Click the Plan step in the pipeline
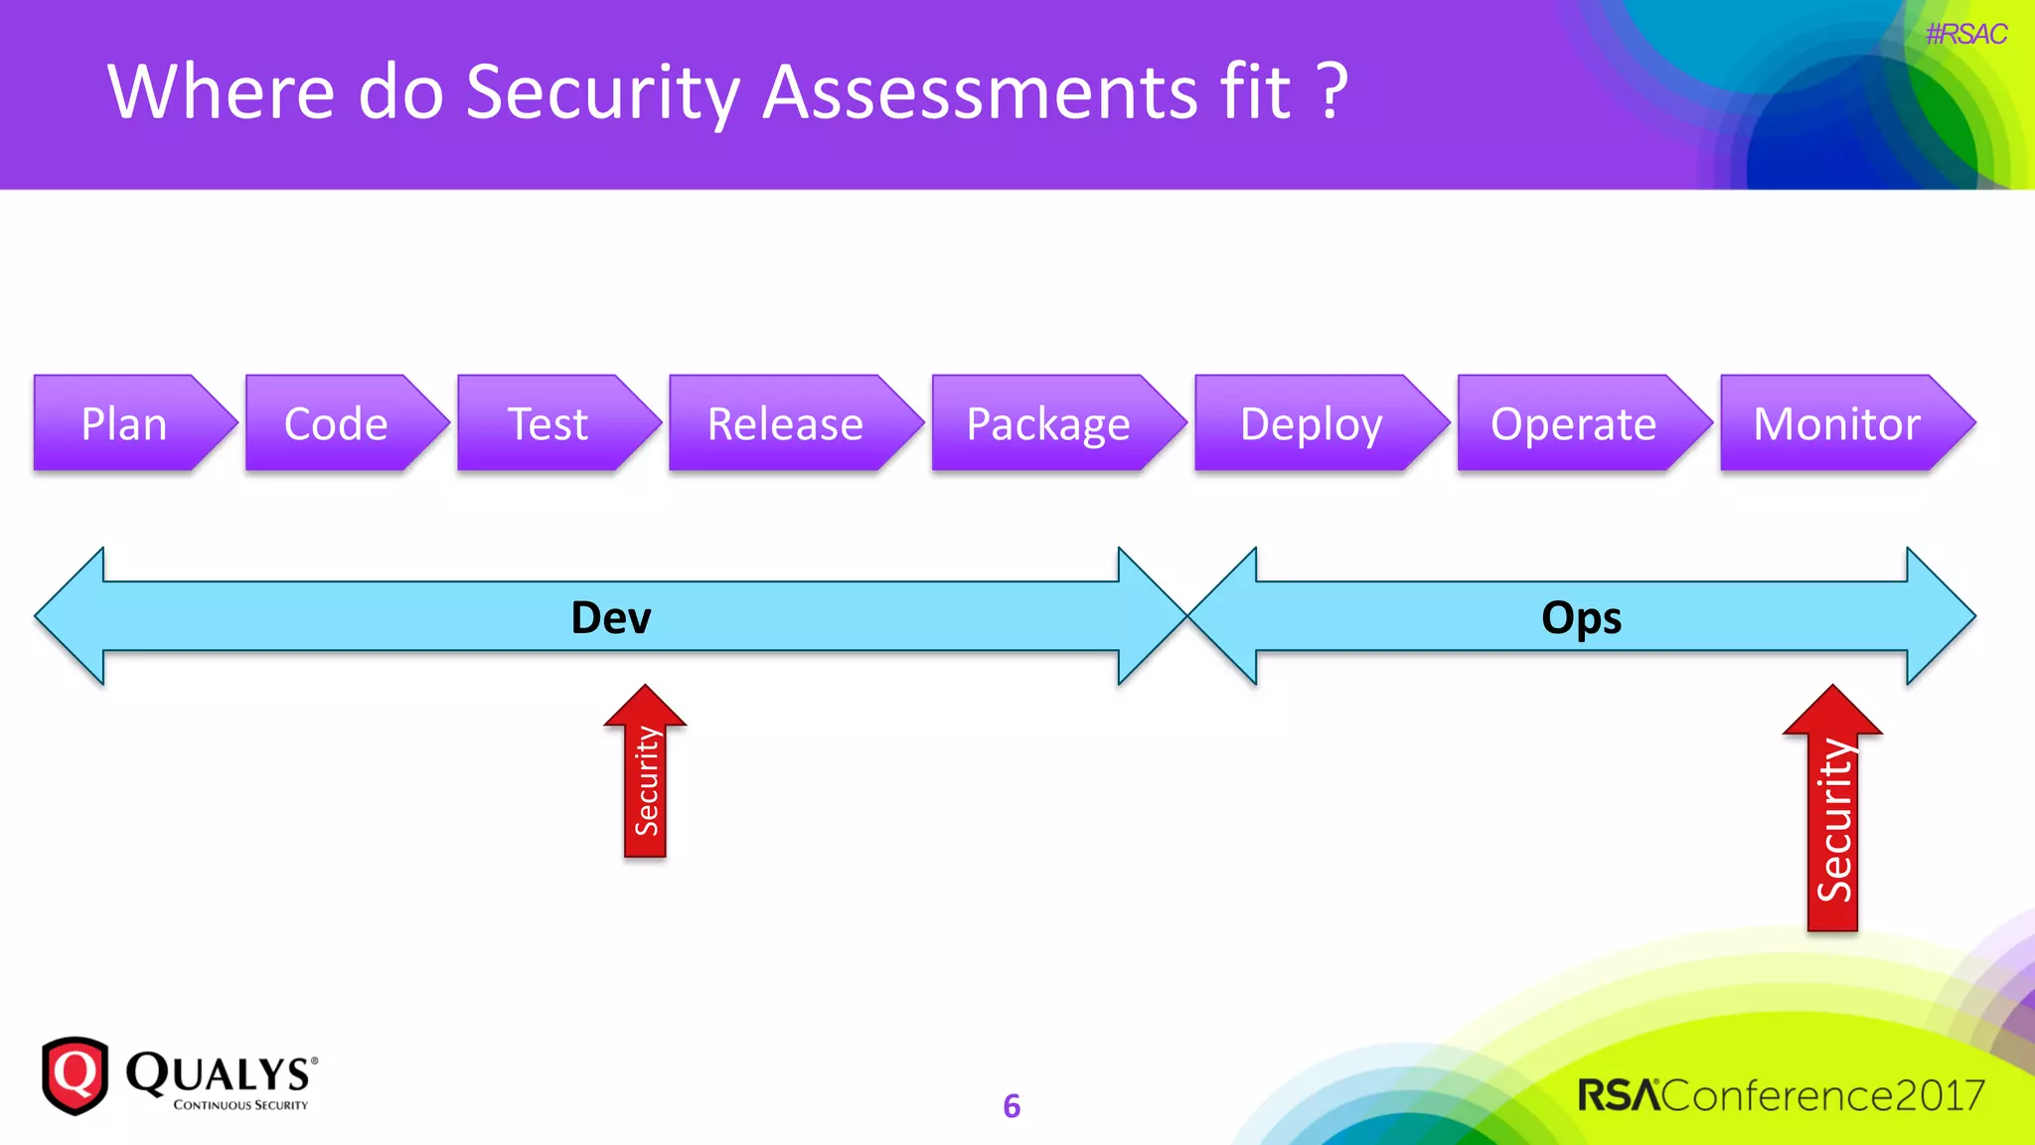(124, 423)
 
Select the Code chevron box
(336, 423)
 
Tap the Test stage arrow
(548, 423)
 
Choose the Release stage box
(785, 423)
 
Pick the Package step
(1048, 423)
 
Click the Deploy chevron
(1311, 423)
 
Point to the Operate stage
(1573, 423)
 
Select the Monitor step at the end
(1836, 423)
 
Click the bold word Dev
(610, 617)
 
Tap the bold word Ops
(1581, 617)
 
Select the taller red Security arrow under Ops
(1833, 820)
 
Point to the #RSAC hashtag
(1965, 35)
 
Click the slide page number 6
(1012, 1105)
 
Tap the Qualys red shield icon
(75, 1075)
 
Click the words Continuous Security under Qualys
(240, 1104)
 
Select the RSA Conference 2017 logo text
(1781, 1094)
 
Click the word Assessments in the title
(980, 92)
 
